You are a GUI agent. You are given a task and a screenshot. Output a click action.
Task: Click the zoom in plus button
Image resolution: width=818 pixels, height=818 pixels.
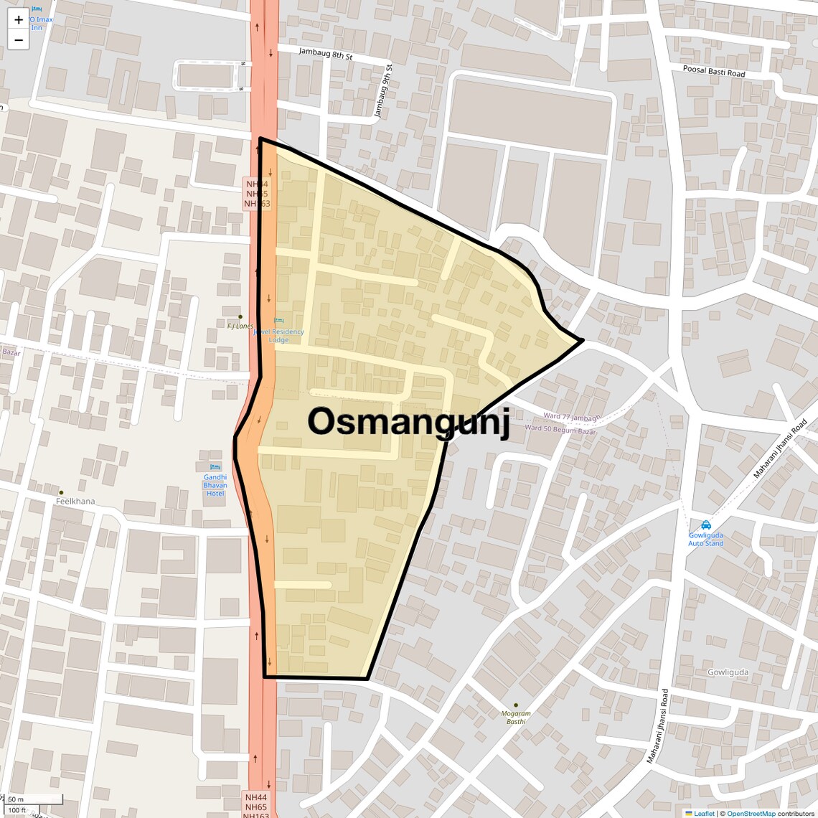click(19, 20)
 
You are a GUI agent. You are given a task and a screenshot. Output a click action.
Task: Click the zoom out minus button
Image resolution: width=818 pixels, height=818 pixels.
click(19, 39)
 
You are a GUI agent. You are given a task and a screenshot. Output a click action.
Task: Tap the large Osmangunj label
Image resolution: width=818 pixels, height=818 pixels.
click(408, 422)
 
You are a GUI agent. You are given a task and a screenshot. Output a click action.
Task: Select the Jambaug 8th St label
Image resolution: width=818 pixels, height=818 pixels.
click(326, 53)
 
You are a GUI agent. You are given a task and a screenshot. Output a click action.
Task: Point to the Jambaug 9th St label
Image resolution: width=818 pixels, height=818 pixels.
click(383, 91)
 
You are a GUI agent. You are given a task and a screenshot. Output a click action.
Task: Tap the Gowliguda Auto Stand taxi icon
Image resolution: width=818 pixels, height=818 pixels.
click(706, 525)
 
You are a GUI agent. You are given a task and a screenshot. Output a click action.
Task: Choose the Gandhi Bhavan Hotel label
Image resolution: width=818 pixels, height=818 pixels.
click(215, 485)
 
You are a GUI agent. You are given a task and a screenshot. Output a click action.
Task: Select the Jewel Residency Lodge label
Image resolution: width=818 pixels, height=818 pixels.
click(280, 335)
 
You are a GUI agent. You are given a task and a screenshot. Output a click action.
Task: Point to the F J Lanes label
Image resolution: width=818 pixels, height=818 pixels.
click(240, 326)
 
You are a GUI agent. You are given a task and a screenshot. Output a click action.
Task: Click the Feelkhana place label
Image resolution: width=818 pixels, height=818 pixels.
click(75, 501)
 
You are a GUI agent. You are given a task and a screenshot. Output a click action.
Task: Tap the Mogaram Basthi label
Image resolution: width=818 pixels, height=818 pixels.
click(516, 718)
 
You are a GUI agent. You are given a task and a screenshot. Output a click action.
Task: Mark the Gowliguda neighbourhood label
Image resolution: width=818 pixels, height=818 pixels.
click(728, 672)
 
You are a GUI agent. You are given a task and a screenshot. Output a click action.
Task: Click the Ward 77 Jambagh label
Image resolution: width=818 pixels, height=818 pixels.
click(571, 416)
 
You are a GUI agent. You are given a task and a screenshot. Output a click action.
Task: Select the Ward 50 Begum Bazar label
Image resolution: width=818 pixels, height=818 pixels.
click(560, 430)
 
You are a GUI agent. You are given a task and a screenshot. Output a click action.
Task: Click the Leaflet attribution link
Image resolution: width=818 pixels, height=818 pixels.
click(703, 814)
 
